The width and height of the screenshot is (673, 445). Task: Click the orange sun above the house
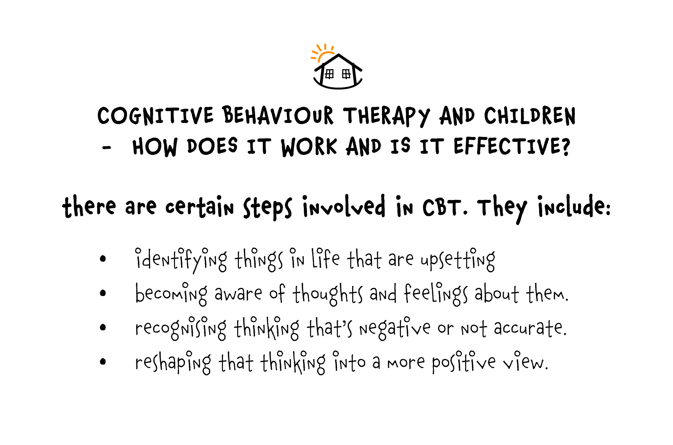pos(322,52)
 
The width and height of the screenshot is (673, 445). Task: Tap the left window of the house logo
pos(329,74)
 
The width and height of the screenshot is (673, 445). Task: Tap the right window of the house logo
pos(346,74)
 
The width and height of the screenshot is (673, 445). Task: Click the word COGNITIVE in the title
pos(156,116)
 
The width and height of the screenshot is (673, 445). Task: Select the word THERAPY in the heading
pos(386,116)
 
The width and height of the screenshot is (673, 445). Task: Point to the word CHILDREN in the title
pos(530,116)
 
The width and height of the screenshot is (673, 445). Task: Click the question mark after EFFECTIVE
pos(565,146)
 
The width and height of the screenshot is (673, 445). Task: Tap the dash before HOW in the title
pos(106,148)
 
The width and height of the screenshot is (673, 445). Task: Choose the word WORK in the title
pos(309,147)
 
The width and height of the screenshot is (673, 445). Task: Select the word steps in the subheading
pos(267,208)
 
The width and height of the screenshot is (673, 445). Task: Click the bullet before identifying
pos(103,258)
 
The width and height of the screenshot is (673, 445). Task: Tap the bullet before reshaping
pos(103,361)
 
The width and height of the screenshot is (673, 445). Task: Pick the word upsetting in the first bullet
pos(458,259)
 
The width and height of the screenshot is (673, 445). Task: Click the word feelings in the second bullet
pos(436,294)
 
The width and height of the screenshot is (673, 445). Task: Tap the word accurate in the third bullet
pos(530,328)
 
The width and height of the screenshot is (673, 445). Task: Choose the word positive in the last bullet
pos(464,362)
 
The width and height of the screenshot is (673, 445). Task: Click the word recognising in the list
pos(181,328)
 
